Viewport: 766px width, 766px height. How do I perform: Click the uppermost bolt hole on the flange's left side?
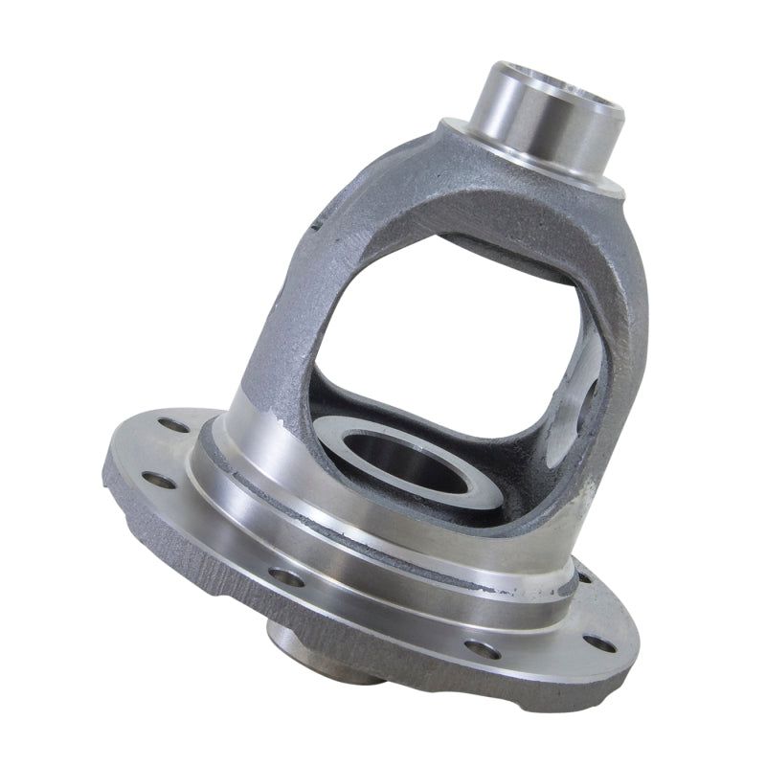click(172, 424)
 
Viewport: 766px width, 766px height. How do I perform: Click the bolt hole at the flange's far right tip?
click(600, 642)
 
